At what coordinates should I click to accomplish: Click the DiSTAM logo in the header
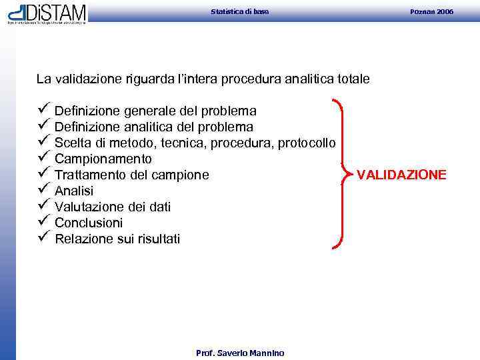(x=47, y=13)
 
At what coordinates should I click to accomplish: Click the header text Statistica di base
(x=240, y=11)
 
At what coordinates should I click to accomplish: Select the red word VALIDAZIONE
(x=402, y=175)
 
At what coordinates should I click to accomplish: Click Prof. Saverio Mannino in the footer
(x=240, y=353)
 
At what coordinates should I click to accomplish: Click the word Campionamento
(x=103, y=159)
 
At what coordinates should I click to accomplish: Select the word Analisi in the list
(x=74, y=191)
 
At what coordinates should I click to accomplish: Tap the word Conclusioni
(x=89, y=223)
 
